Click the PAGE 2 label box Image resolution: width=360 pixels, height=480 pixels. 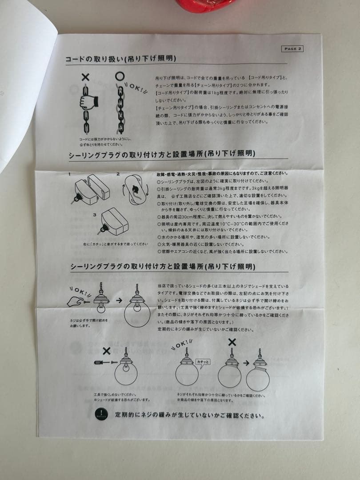point(292,48)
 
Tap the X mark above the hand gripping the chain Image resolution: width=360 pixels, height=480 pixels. point(85,77)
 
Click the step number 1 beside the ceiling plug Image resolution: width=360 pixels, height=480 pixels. point(70,174)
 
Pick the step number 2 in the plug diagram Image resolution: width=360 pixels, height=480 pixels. point(118,174)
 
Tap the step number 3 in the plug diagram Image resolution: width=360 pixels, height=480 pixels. point(94,215)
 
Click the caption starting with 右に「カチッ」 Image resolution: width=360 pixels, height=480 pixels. point(115,244)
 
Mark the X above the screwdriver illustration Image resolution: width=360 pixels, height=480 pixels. point(107,351)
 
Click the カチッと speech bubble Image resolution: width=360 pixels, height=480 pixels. point(202,362)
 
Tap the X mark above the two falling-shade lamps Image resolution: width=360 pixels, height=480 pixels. point(232,342)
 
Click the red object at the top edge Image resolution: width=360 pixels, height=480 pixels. point(205,5)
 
